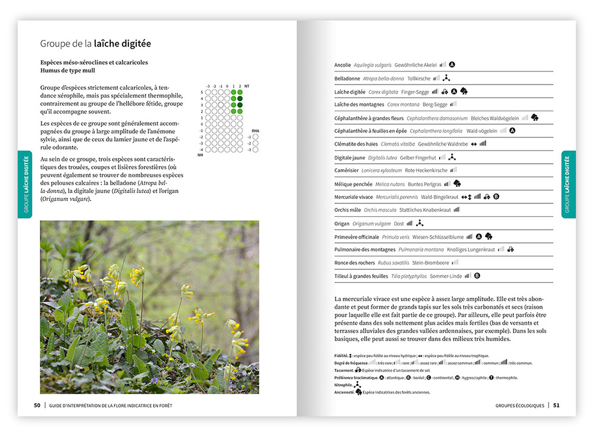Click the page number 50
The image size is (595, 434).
coord(37,405)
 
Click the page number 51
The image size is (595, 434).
coord(556,405)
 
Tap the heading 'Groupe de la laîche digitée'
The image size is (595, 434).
coord(95,43)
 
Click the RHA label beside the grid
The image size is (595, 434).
coord(255,130)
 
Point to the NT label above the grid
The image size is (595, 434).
coord(247,86)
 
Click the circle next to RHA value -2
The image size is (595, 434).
coord(255,143)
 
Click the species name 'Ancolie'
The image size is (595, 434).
coord(342,65)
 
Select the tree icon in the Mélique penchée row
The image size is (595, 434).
coord(457,184)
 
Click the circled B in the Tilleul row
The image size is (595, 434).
coord(477,276)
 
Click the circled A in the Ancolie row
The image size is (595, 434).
coord(452,64)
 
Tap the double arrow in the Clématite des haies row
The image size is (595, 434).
coord(474,144)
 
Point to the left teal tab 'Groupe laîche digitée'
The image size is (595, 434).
coord(24,184)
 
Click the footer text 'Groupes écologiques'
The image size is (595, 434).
coord(519,405)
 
